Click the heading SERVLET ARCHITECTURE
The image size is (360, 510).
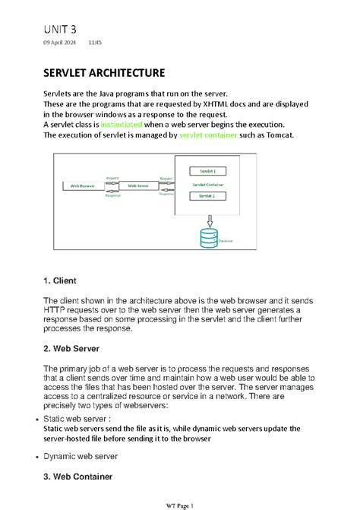(103, 74)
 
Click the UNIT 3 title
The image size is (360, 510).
(59, 29)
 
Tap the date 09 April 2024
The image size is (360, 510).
(59, 43)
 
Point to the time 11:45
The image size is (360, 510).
(95, 43)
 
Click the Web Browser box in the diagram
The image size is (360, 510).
(84, 185)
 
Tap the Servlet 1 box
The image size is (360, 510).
(207, 172)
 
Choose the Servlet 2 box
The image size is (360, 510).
(207, 196)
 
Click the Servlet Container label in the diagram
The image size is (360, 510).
(207, 184)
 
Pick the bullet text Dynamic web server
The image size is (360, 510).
(81, 456)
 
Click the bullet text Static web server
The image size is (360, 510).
(77, 418)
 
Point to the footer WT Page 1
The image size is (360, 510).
(180, 505)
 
